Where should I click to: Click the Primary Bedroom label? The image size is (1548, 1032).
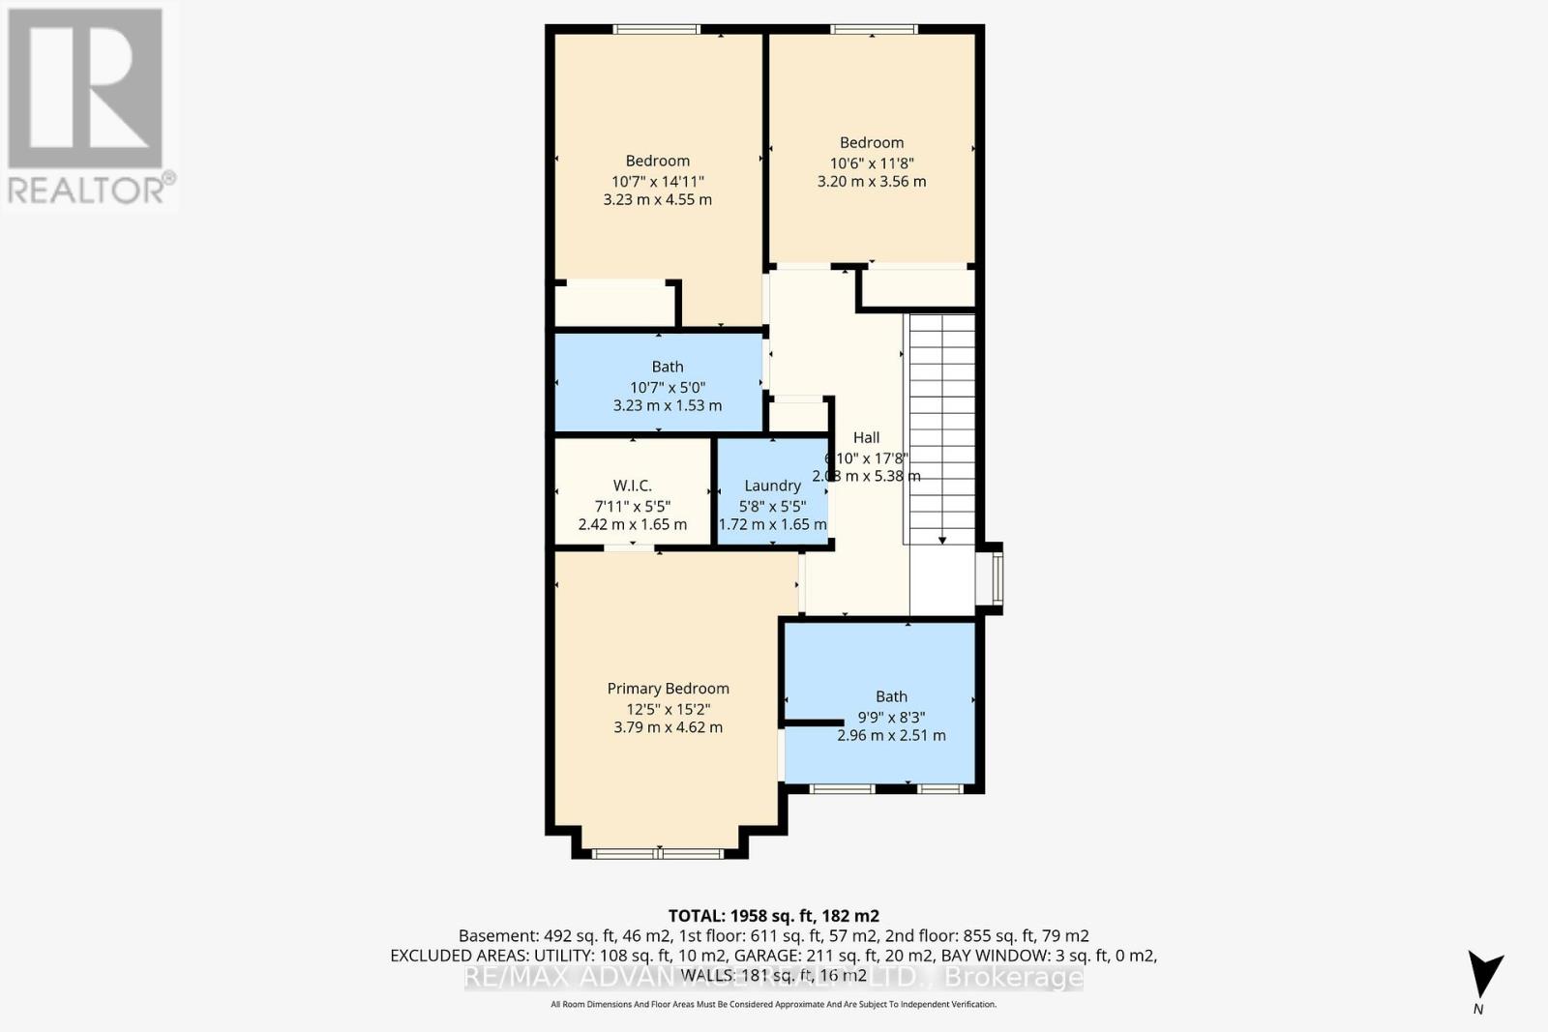point(668,689)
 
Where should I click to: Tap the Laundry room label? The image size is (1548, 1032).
point(772,486)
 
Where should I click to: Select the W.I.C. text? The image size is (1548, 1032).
point(632,486)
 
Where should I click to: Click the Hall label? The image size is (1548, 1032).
point(866,438)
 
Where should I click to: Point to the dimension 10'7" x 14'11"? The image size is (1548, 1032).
point(657,181)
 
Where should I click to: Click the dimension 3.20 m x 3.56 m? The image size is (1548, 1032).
point(871,182)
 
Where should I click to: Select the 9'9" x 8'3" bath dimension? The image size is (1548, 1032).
point(891,718)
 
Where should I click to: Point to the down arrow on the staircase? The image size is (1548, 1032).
point(941,538)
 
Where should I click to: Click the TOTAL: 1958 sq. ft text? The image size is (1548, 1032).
point(773,916)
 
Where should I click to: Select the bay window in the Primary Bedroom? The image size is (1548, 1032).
point(658,853)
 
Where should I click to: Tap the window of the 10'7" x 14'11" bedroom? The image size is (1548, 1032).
point(657,30)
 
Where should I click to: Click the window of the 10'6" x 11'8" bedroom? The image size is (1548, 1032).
point(873,30)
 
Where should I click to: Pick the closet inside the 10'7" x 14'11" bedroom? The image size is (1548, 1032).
point(613,305)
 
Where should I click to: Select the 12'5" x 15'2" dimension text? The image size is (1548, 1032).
point(668,709)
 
